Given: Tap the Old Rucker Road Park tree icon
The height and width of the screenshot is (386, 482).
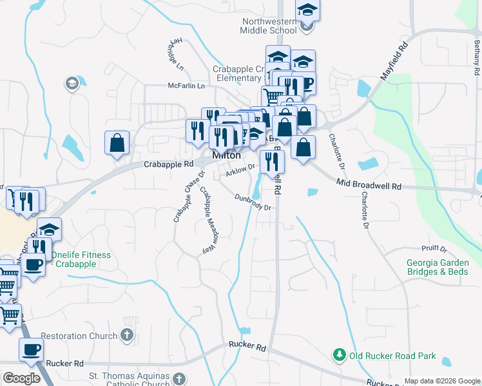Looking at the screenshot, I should click(339, 354).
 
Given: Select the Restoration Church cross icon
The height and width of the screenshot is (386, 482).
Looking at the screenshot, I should click(127, 335).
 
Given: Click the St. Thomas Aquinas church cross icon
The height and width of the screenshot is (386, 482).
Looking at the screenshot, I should click(178, 378).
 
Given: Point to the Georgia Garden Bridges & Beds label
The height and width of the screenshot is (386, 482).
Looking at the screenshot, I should click(441, 267).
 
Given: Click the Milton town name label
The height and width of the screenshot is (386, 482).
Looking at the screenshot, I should click(227, 156).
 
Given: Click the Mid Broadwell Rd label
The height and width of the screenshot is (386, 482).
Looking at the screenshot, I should click(369, 185).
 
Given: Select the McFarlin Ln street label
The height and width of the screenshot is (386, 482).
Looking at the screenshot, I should click(186, 86).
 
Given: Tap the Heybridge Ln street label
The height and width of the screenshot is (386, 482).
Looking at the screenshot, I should click(177, 53).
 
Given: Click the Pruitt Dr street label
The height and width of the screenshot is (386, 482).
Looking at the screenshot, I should click(435, 248).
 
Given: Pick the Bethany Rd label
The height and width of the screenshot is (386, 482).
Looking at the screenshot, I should click(476, 55).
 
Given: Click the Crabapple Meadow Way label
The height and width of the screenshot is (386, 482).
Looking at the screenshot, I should click(207, 219).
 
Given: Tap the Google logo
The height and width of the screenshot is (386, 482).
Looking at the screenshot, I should click(21, 378).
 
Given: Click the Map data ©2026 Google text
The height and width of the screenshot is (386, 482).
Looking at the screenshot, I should click(441, 381).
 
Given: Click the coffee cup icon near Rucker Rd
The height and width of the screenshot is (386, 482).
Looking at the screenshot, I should click(30, 350).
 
